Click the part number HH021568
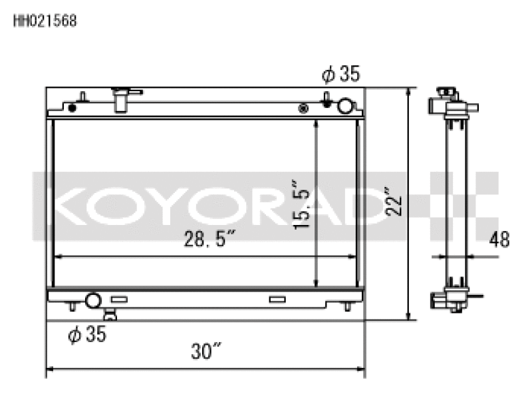(45, 21)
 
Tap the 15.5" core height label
(302, 203)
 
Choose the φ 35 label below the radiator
(87, 335)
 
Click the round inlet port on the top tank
(346, 106)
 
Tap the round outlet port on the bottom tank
(92, 300)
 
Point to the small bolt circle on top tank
(304, 107)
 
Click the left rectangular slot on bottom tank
(118, 300)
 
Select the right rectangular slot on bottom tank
(277, 300)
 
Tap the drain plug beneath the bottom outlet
(110, 313)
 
